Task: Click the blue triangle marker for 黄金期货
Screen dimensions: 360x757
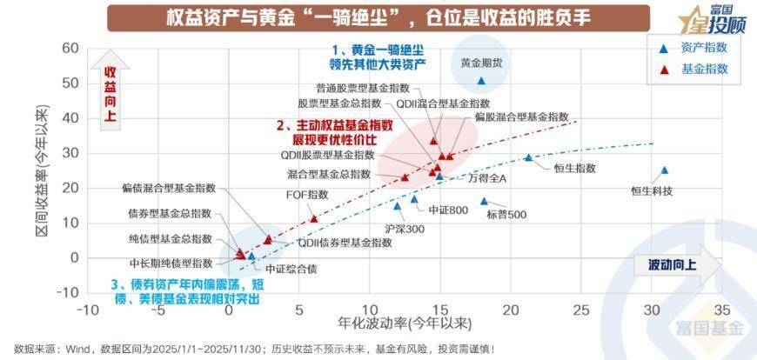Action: (x=481, y=81)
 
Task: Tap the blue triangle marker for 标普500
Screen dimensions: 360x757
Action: (x=485, y=202)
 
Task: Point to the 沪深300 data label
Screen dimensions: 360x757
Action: (x=403, y=230)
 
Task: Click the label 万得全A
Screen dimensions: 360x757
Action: (x=487, y=178)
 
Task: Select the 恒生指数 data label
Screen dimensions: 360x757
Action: (x=575, y=168)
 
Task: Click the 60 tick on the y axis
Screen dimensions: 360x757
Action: (x=70, y=49)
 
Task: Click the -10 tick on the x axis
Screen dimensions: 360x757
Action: (x=88, y=310)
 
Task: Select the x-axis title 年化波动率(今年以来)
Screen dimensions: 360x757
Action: (x=405, y=323)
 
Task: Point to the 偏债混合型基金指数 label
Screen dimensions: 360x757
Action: (x=168, y=187)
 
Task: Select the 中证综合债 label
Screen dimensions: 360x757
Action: (x=291, y=269)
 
